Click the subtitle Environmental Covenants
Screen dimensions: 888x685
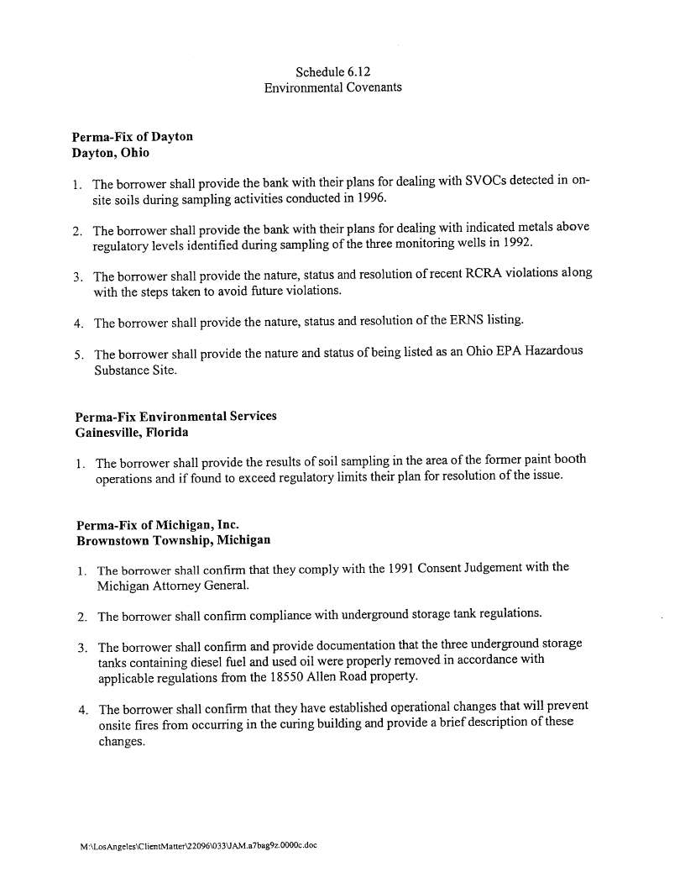[333, 87]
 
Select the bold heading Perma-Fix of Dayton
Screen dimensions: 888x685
[133, 137]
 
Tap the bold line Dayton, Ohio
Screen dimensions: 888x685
[111, 152]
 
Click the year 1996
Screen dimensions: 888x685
[369, 199]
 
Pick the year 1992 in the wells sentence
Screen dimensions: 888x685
[514, 244]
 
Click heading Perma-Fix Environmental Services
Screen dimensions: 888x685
[175, 417]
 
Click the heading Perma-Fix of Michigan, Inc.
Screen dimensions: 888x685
[151, 524]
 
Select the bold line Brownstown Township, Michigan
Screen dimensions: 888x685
[173, 539]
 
